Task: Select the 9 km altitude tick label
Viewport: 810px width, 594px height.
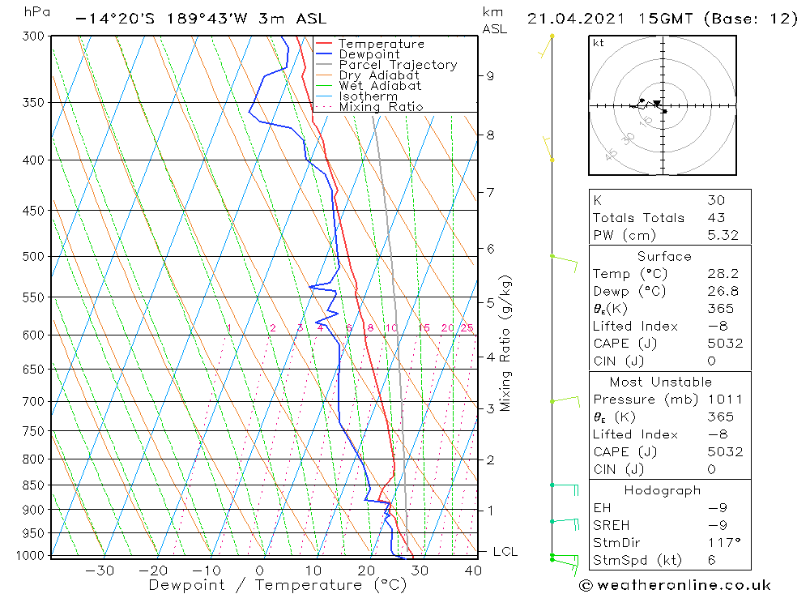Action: [x=491, y=76]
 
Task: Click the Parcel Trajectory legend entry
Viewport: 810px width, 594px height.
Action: [x=398, y=65]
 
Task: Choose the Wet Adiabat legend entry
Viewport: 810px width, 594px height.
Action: [x=380, y=86]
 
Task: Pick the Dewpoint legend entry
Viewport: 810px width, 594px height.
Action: [x=369, y=54]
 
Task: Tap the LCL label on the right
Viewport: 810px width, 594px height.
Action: [x=505, y=552]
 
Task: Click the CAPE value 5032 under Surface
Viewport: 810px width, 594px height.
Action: [x=724, y=343]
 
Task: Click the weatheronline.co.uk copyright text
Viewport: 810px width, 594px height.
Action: [x=676, y=584]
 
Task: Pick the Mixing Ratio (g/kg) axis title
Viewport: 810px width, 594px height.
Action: [x=506, y=344]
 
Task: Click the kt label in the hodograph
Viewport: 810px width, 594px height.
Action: [x=599, y=43]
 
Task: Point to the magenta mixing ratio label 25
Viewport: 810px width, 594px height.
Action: [x=467, y=328]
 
